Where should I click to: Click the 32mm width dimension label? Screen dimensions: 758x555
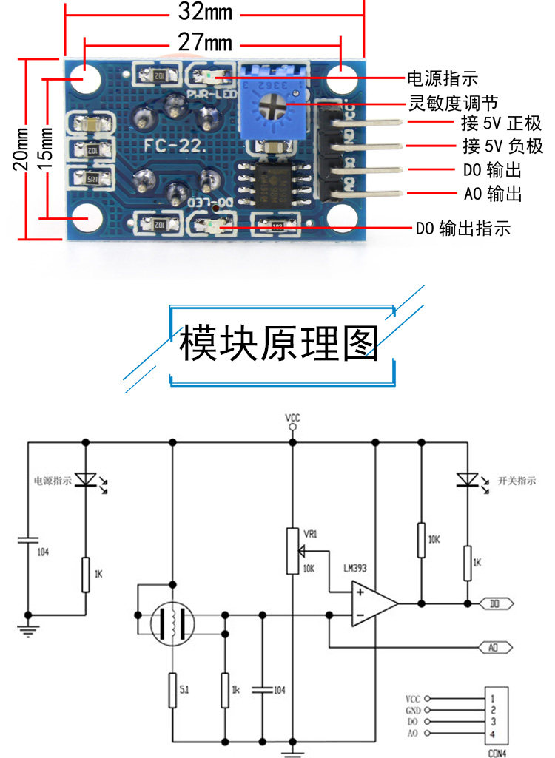click(205, 13)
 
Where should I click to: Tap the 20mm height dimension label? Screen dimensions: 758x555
click(22, 148)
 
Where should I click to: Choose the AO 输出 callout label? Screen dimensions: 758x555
click(493, 194)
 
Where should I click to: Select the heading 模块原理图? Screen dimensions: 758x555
click(279, 344)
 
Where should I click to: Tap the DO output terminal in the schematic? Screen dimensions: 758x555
click(495, 603)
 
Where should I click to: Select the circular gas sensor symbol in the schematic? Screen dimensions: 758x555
click(172, 623)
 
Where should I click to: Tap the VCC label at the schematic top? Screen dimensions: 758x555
click(293, 419)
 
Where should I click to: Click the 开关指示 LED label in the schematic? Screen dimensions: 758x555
click(517, 481)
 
